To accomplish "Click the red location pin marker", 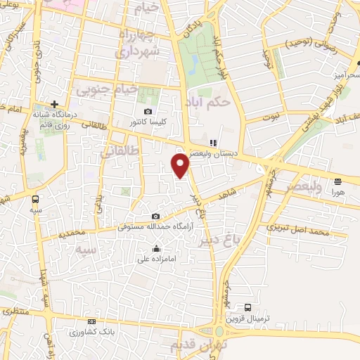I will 181,165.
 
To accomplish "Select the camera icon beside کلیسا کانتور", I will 148,112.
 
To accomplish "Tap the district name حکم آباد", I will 210,101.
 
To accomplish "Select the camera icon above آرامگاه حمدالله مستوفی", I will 155,216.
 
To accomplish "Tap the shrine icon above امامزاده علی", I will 156,248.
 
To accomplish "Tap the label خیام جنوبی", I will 108,89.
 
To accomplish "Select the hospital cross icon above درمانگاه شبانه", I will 54,103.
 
